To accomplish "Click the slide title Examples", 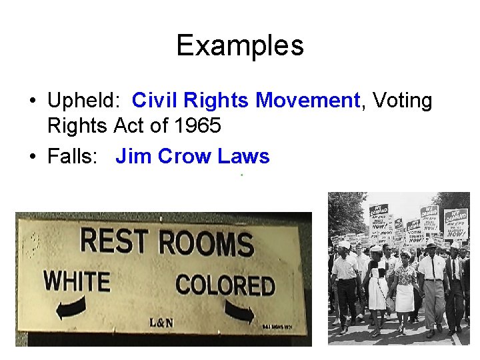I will click(239, 45).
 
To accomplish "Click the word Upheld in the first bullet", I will click(81, 101).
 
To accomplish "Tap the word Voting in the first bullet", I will click(402, 101).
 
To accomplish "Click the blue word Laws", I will click(242, 157).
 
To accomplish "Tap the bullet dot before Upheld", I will click(31, 102).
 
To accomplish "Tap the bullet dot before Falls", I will click(31, 157).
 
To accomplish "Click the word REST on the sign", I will click(115, 241).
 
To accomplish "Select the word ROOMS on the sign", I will click(206, 243).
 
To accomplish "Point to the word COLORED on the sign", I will click(225, 285).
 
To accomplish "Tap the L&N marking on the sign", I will click(162, 323).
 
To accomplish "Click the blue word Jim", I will click(130, 157).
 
